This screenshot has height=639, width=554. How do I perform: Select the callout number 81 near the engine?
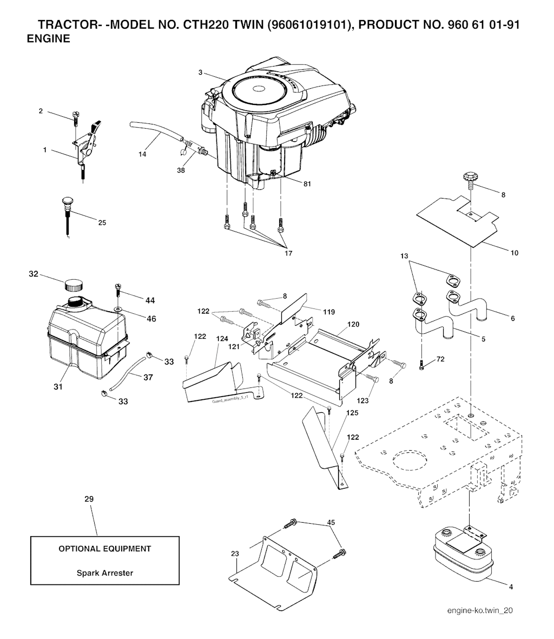[x=307, y=183]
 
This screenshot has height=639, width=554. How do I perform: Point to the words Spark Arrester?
[x=104, y=573]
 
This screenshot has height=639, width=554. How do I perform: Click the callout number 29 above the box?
[x=89, y=499]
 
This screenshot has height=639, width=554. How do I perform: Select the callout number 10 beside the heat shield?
[x=514, y=253]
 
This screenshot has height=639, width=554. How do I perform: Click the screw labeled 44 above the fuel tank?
[x=117, y=286]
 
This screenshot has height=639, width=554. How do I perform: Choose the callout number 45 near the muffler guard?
[x=331, y=523]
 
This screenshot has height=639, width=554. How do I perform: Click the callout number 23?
[x=234, y=554]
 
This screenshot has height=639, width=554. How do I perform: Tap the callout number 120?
[x=353, y=325]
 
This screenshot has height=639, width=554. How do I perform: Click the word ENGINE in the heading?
[x=48, y=39]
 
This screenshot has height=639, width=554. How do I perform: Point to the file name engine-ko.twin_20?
[x=480, y=610]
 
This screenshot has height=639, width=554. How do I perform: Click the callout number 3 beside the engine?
[x=200, y=73]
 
